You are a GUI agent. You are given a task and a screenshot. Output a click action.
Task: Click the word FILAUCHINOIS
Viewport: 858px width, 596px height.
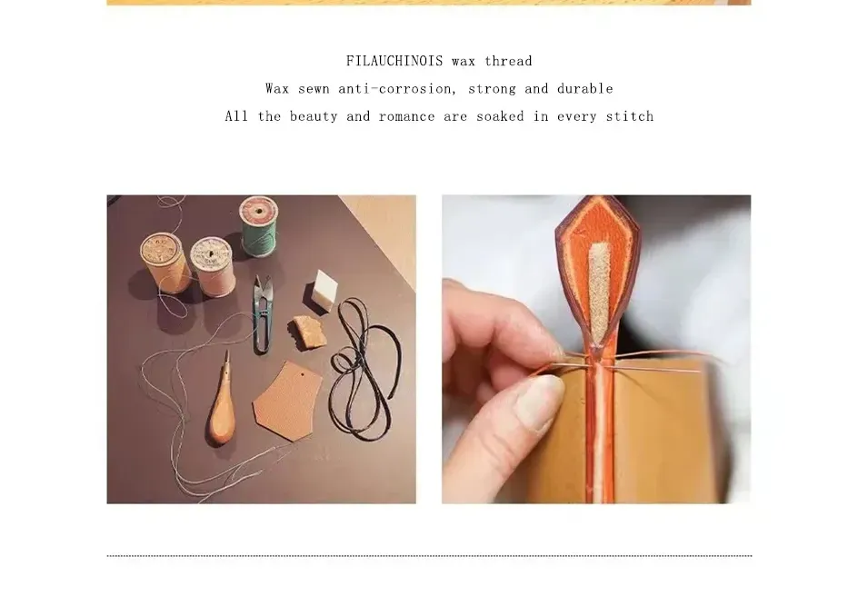(394, 61)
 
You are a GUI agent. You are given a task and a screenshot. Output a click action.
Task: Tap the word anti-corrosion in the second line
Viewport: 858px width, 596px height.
(396, 88)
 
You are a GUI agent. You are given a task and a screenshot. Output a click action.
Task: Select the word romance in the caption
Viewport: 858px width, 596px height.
(406, 116)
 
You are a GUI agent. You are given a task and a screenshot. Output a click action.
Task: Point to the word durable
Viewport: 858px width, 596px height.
(585, 88)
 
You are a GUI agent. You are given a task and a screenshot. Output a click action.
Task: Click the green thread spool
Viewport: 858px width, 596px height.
(259, 226)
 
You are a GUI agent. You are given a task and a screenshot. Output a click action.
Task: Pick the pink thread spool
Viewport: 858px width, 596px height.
(214, 266)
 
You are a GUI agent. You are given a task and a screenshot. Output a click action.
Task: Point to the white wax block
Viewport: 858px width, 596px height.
(325, 290)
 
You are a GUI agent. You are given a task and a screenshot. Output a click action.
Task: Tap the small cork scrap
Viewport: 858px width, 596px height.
(309, 332)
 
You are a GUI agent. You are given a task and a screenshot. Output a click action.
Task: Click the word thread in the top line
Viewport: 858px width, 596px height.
(508, 61)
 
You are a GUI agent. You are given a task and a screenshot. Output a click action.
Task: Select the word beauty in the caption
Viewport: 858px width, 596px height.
(314, 116)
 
